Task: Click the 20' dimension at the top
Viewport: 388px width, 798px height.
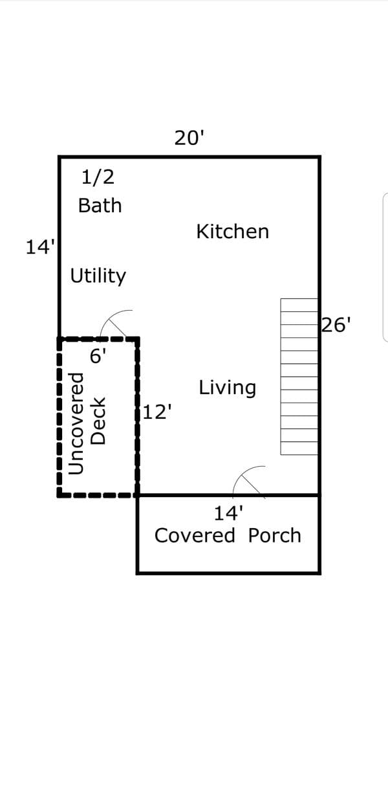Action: tap(189, 138)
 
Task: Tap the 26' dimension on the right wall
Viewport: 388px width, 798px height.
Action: tap(336, 325)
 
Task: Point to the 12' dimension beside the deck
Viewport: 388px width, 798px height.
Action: tap(157, 412)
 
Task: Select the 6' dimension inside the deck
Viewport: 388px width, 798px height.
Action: tap(98, 356)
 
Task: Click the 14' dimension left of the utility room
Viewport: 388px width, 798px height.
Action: tap(41, 247)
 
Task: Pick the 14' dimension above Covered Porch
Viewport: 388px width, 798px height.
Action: tap(228, 513)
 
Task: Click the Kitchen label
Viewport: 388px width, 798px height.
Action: tap(232, 232)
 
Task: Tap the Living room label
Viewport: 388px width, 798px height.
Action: tap(228, 388)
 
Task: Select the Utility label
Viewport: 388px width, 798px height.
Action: tap(98, 276)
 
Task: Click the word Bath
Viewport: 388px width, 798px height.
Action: tap(100, 206)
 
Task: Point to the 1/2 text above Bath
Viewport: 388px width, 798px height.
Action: tap(98, 177)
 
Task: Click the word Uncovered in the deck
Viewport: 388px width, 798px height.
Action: tap(76, 423)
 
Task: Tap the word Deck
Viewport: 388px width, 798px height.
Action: tap(98, 421)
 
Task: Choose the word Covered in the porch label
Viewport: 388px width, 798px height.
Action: tap(195, 535)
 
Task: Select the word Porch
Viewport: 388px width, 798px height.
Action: tap(274, 535)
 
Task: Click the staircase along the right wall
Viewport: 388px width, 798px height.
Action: tap(299, 377)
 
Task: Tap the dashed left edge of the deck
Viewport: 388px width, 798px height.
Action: tap(59, 417)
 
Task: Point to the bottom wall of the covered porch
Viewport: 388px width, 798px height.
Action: tap(228, 573)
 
